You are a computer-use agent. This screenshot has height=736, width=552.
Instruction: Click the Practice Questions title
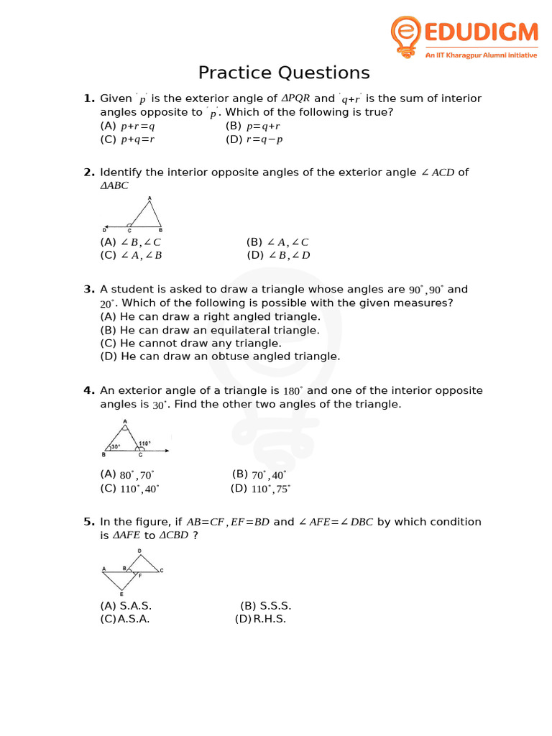[284, 73]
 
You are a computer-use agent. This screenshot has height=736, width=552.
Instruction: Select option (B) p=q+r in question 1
[252, 126]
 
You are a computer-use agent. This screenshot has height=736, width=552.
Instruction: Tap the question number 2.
[89, 172]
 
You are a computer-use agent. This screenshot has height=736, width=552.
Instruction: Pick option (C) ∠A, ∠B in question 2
[131, 255]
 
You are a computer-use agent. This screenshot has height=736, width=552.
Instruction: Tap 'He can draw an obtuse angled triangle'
[220, 356]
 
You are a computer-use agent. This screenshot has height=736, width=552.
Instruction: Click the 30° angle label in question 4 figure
[114, 446]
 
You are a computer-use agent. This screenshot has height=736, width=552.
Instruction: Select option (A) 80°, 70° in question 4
[127, 474]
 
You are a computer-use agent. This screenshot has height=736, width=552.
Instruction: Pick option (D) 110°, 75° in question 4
[260, 489]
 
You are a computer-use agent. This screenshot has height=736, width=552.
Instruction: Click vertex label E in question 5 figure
[121, 594]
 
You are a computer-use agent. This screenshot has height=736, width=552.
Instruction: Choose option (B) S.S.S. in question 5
[265, 606]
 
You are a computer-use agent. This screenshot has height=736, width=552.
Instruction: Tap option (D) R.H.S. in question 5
[260, 619]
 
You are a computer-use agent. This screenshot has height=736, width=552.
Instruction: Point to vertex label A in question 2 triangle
[149, 198]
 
